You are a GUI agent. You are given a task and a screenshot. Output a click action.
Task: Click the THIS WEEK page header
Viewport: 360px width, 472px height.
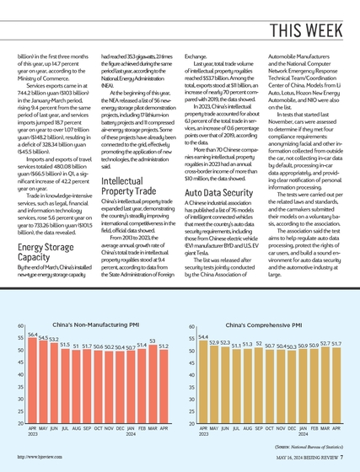tap(306, 30)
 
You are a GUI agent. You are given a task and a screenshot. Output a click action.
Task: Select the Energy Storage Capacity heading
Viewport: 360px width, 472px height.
tap(46, 252)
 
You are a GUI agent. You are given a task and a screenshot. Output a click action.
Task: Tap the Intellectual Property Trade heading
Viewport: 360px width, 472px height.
tap(128, 186)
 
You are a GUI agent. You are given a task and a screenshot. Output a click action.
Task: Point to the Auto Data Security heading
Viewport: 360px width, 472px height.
tap(219, 193)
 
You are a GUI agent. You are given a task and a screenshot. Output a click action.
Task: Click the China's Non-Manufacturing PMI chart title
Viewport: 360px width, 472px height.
tap(96, 324)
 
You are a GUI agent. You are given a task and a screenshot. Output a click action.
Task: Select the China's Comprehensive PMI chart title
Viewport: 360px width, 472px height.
tap(264, 325)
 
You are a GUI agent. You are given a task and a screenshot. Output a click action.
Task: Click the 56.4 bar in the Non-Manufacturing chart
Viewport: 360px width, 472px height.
tap(33, 380)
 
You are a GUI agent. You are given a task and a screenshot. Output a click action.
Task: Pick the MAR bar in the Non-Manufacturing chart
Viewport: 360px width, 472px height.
tap(153, 384)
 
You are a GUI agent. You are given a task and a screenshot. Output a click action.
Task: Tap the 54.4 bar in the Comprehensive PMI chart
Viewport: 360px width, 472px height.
tap(203, 382)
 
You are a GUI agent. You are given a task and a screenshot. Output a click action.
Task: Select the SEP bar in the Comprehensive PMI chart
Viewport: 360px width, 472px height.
tap(259, 386)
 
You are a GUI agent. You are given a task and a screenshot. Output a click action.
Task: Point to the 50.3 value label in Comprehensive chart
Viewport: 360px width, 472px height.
tap(292, 346)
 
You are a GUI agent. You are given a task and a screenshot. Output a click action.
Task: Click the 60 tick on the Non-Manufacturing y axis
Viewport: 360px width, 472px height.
tap(20, 325)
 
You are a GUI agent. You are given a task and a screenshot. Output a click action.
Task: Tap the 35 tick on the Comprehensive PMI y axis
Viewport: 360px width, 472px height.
tap(191, 387)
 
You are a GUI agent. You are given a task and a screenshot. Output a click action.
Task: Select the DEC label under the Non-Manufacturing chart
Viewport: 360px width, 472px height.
tap(120, 428)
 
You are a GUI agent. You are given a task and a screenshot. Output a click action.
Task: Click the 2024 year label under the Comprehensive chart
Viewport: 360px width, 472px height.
tap(304, 434)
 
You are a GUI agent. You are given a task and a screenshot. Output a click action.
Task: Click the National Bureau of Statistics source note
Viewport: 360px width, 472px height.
tap(309, 447)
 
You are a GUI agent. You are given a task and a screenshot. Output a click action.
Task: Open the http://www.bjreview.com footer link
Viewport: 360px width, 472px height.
tap(40, 457)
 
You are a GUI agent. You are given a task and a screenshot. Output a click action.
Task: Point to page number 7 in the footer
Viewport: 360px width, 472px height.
tap(341, 457)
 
